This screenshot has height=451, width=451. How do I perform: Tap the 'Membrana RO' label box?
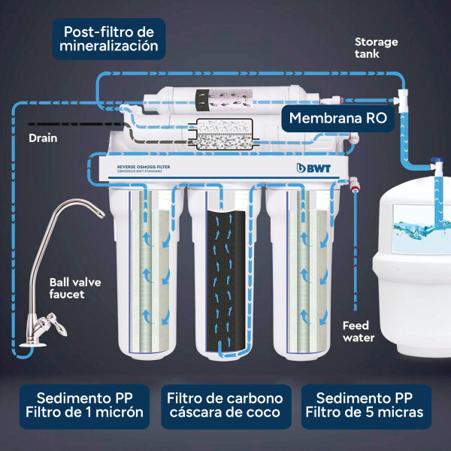pos(337,118)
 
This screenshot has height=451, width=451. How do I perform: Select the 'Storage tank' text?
pos(376,47)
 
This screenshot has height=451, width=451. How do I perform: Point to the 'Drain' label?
pos(43,138)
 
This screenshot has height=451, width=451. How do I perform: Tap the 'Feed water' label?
pos(359,331)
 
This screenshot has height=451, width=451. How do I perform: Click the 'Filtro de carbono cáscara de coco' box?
pos(225,406)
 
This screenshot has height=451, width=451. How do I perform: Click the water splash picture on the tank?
pos(421,225)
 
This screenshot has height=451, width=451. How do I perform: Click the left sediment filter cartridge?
pos(153,271)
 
